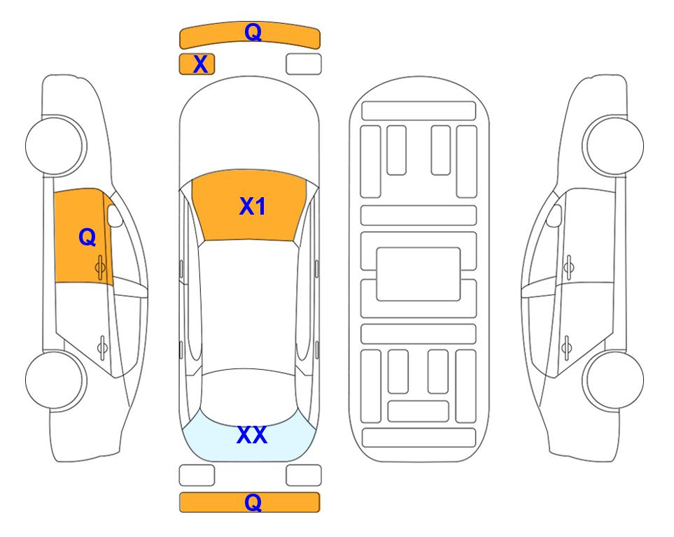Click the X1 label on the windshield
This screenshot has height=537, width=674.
click(253, 206)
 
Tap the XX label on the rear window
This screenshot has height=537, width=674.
click(252, 435)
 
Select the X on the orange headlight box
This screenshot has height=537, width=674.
click(200, 64)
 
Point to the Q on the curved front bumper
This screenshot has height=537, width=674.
click(253, 32)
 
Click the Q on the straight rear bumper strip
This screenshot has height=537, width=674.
click(253, 502)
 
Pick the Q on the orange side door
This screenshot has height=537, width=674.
click(87, 237)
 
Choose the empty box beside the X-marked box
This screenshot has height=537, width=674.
click(304, 64)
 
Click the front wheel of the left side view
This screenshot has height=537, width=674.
click(55, 145)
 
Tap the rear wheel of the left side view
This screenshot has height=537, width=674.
click(55, 380)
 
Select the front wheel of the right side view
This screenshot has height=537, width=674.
click(613, 145)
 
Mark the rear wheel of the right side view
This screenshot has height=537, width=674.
click(614, 380)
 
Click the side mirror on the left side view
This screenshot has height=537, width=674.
click(114, 215)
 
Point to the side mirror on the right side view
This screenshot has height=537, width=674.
click(554, 215)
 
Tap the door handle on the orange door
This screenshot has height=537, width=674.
click(100, 267)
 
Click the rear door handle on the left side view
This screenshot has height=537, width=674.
click(102, 347)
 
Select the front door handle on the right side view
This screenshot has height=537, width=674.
click(568, 267)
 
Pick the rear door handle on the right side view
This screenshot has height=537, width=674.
click(566, 347)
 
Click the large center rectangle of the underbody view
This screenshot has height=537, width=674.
click(419, 274)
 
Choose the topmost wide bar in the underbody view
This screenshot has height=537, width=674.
click(419, 111)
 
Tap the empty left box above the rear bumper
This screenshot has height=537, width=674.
click(197, 475)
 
